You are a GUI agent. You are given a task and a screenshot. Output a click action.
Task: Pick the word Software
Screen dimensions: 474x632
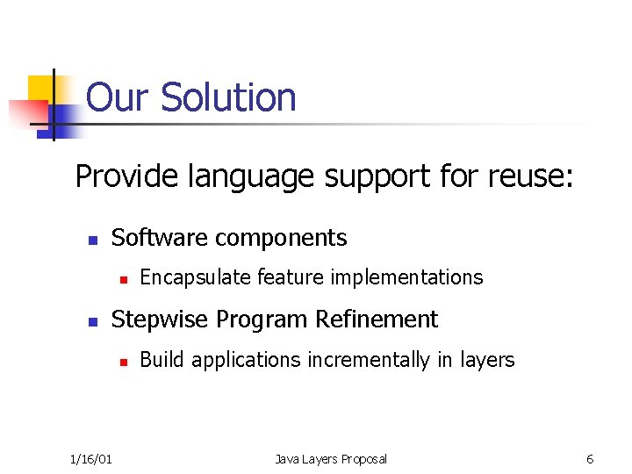point(160,238)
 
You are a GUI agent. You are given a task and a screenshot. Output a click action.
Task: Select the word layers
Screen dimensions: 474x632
point(487,360)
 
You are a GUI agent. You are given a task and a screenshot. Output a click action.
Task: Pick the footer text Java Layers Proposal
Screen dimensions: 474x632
point(330,459)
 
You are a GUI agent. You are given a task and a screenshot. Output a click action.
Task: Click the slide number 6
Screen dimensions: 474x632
point(590,459)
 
